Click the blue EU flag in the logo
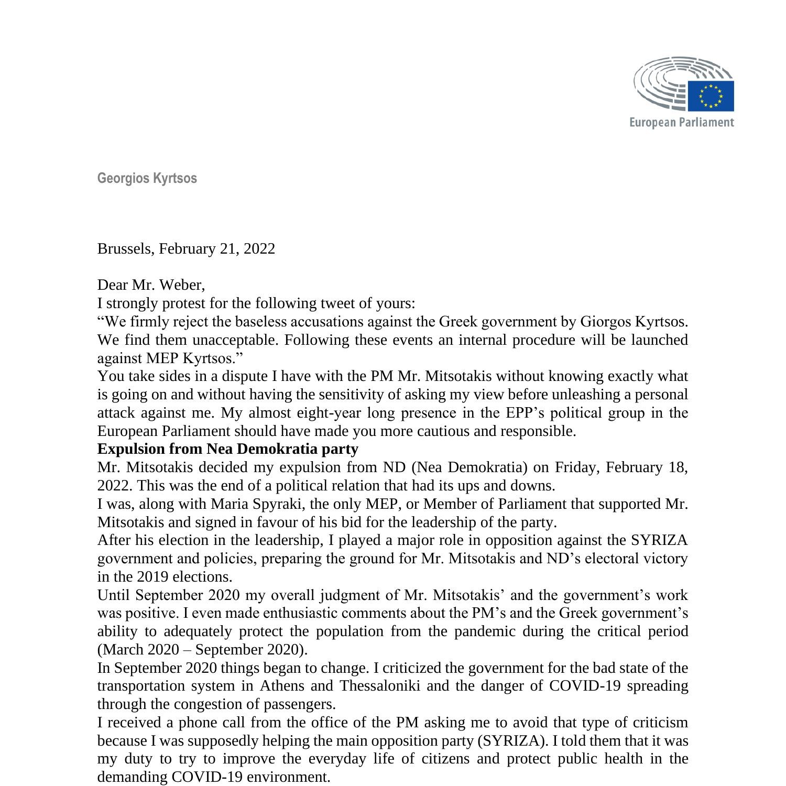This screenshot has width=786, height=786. [x=711, y=96]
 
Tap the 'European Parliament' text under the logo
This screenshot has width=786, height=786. [x=681, y=123]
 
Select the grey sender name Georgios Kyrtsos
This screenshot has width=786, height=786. [x=147, y=178]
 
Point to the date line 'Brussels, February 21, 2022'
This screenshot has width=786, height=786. [x=186, y=248]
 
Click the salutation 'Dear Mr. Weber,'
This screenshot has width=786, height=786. [x=151, y=285]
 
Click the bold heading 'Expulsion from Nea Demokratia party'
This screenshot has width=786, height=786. [x=228, y=449]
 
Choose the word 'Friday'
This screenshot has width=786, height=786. [x=576, y=467]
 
